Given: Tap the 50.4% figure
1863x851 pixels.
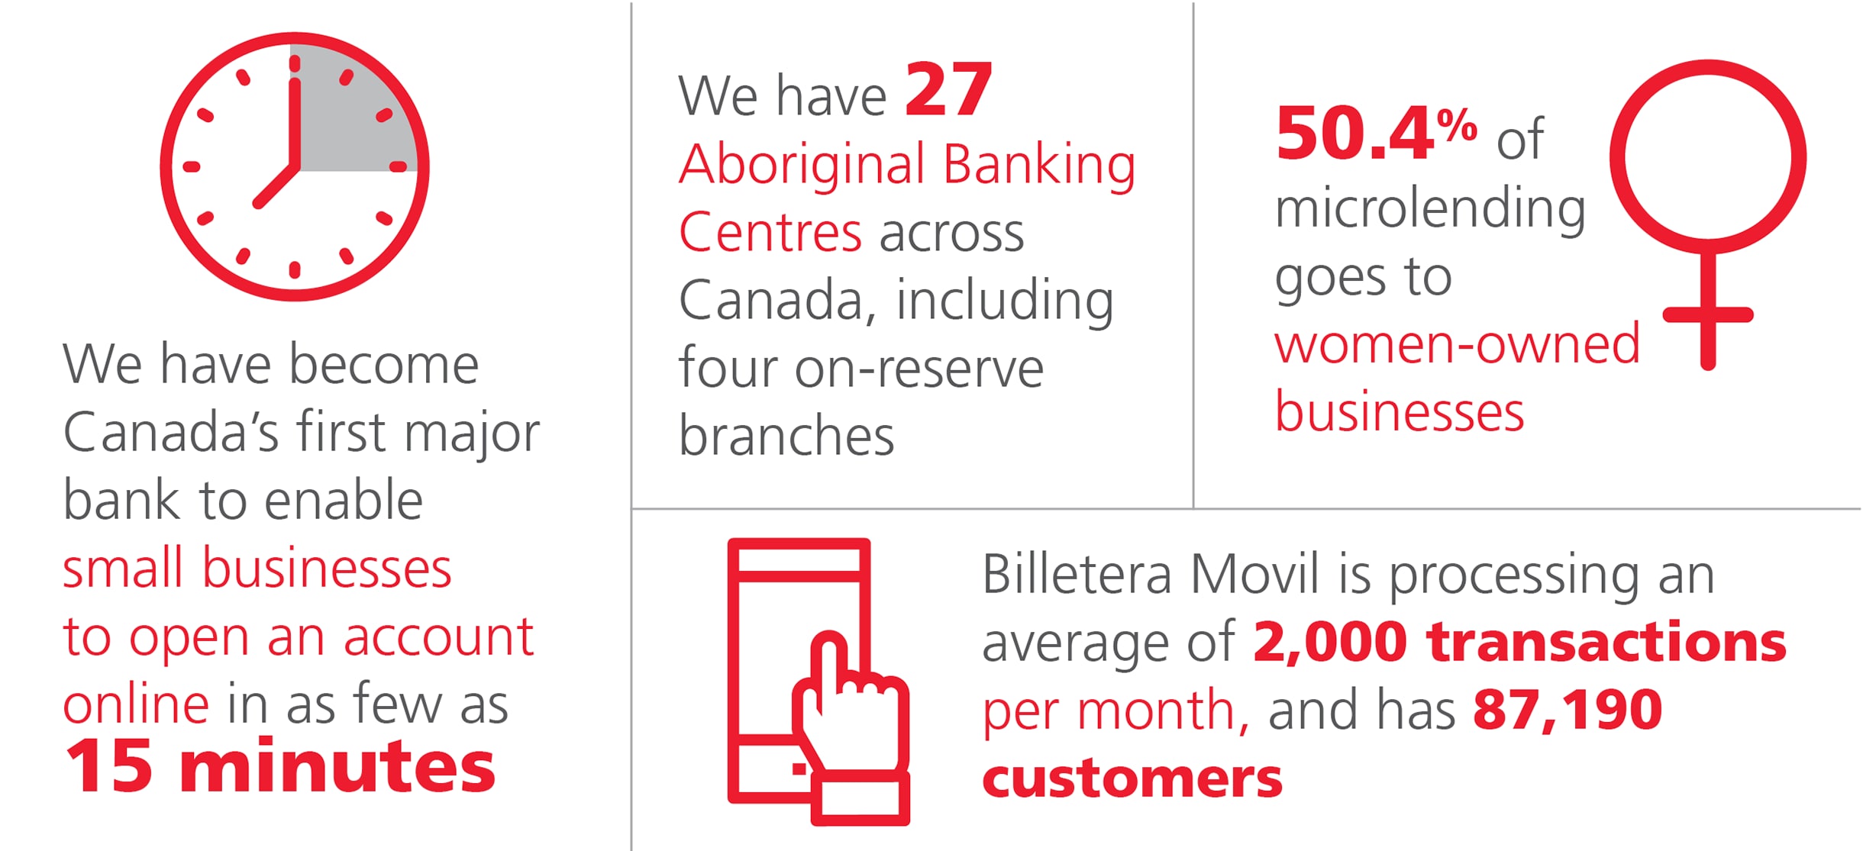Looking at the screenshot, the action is tap(1377, 133).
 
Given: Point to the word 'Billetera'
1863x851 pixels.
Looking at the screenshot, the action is tap(1077, 574).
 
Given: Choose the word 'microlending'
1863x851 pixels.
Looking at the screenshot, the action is tap(1430, 209).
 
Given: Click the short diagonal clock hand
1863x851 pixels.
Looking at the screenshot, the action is tap(276, 185).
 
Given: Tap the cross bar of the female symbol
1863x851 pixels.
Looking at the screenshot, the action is tap(1708, 314).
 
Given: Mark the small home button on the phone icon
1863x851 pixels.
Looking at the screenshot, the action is tap(799, 769).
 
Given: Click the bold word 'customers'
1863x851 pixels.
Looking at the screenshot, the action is tap(1132, 779).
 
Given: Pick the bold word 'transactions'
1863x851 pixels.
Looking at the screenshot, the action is tap(1606, 642).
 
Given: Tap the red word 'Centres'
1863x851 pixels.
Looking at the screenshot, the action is tap(770, 232).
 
